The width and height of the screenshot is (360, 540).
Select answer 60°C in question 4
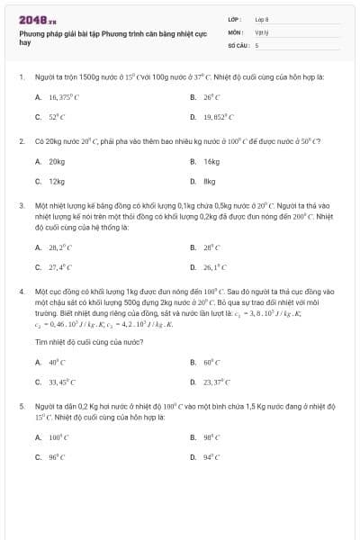pos(212,362)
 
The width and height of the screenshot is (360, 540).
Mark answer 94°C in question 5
pos(211,458)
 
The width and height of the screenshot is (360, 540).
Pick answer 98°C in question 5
pos(211,436)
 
